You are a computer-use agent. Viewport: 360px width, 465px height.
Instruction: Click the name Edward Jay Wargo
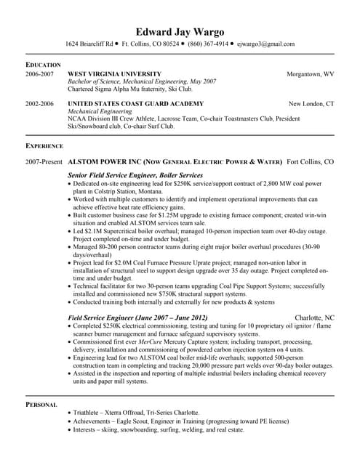pos(180,31)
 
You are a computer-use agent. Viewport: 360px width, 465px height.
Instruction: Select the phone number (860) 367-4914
pos(209,44)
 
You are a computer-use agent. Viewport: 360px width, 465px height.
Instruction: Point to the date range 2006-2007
pos(39,74)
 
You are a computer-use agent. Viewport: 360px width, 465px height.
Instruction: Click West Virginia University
pos(114,74)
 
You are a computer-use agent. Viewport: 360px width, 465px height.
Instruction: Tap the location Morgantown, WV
pos(310,74)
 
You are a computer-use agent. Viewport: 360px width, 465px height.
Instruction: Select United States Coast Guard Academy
pos(135,104)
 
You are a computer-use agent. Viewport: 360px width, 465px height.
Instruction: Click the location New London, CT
pos(311,104)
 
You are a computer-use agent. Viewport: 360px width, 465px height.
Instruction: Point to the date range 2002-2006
pos(39,104)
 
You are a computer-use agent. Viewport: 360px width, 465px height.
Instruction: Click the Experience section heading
pos(44,146)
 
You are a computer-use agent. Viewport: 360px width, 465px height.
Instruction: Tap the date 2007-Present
pos(44,161)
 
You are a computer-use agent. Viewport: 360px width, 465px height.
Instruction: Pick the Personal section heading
pos(42,404)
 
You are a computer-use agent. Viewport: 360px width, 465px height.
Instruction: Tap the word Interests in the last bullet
pos(87,430)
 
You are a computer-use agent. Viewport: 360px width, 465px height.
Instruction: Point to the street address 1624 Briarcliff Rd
pos(89,44)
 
